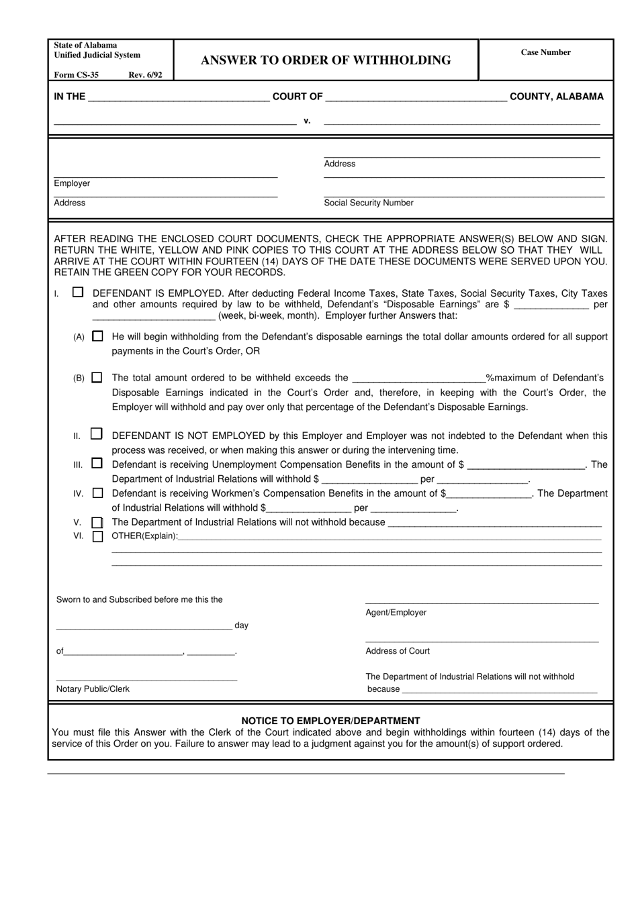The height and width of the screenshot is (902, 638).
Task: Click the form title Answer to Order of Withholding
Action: (326, 60)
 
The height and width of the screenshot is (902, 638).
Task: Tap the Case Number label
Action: (545, 52)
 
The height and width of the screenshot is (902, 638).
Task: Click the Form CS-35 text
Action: (76, 75)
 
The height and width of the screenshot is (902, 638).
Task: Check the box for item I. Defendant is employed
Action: (79, 293)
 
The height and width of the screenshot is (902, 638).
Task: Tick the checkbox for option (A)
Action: (98, 336)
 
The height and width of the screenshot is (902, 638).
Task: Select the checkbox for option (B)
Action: (97, 378)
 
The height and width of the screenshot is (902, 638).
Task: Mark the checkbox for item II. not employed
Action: (97, 435)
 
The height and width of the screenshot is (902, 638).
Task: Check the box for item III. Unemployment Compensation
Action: (97, 464)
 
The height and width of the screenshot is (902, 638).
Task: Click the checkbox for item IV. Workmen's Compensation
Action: (98, 493)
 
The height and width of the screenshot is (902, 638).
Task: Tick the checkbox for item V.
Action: (98, 522)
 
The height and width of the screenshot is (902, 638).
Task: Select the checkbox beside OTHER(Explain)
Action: (98, 536)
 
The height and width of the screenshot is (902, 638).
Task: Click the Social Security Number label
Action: (369, 203)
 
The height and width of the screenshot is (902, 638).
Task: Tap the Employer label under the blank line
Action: (72, 183)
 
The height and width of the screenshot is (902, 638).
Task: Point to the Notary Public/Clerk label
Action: (93, 689)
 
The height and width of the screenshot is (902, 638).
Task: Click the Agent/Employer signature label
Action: (396, 613)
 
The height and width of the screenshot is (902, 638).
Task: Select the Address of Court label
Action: (398, 651)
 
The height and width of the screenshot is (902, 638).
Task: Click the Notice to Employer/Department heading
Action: (330, 721)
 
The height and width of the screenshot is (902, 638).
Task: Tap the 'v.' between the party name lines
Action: (307, 121)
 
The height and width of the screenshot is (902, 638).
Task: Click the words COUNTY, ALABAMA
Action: (557, 97)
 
